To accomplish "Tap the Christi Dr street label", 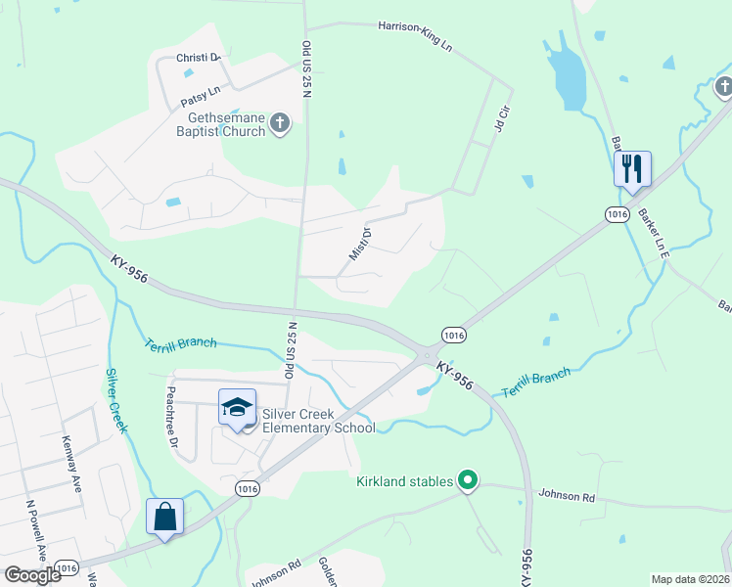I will point(199,58).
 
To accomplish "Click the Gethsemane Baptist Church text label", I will point(220,124).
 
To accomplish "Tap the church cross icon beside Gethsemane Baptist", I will point(280,124).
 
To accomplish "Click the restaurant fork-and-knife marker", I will point(632,169).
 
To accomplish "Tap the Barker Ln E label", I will point(652,232).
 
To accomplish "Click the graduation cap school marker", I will point(237,407).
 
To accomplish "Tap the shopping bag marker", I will point(164,517).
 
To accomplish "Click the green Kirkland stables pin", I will point(468,480).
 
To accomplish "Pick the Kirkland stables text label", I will point(404,481).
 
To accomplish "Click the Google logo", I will point(32,575).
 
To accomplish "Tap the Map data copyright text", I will point(690,579).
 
